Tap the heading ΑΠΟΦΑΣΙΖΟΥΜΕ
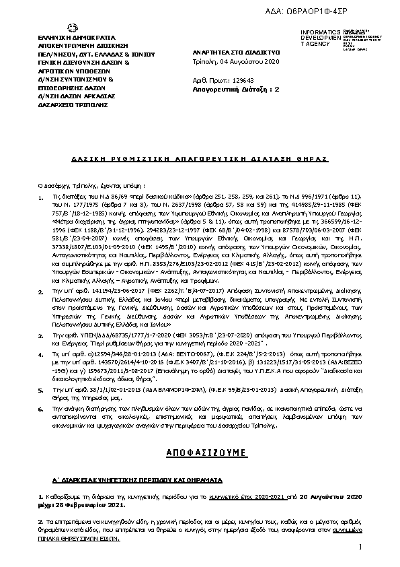[x=200, y=455]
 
